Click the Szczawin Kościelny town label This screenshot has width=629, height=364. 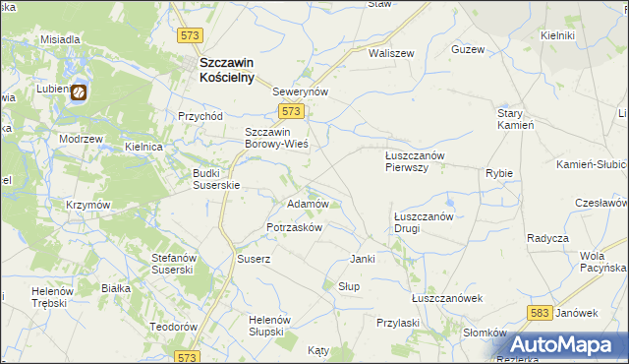coord(226,69)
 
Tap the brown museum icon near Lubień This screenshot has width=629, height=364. coord(78,92)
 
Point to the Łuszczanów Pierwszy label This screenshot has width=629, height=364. coord(415,161)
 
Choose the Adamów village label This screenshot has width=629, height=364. coord(306,204)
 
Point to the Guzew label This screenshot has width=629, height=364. coord(468,49)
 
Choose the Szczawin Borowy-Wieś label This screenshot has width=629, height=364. coord(276,138)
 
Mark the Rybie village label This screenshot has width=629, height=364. coord(499,173)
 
